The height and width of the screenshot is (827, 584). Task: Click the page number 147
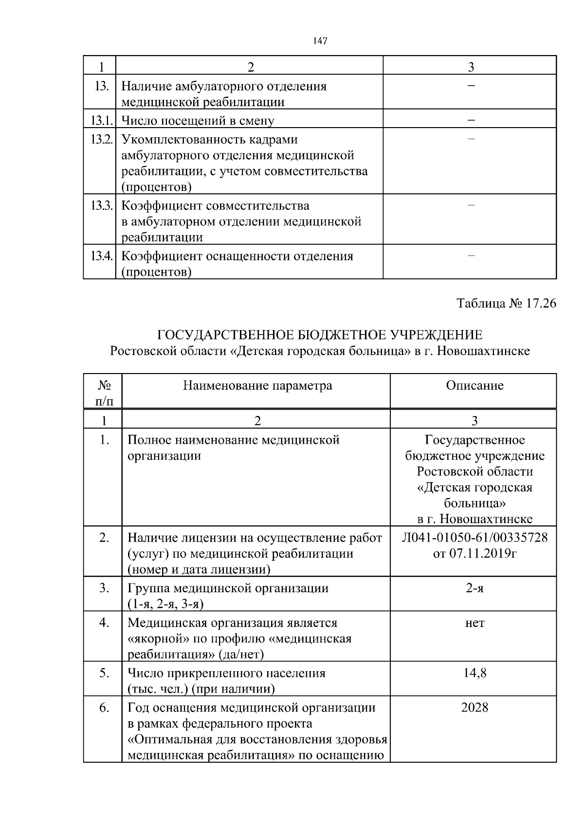tap(320, 41)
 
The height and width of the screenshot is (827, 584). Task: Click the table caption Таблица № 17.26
tap(506, 304)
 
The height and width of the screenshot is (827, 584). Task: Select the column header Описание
tap(474, 386)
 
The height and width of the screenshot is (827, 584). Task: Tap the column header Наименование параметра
tap(257, 386)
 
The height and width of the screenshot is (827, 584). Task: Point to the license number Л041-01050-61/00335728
tap(474, 538)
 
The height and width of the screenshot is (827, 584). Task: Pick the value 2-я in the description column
tap(474, 588)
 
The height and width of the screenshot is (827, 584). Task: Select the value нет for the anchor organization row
tap(474, 623)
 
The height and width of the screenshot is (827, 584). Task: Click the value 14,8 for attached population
tap(474, 673)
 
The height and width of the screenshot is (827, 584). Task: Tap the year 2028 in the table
tap(474, 708)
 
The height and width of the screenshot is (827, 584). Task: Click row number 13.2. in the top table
tap(102, 140)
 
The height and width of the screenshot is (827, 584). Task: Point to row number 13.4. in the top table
tap(102, 256)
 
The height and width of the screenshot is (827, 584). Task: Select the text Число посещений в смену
tap(198, 120)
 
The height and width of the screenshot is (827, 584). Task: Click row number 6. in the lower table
tap(104, 708)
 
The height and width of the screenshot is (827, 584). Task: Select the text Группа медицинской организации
tap(228, 588)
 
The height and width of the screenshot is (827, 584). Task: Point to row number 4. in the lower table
tap(104, 623)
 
